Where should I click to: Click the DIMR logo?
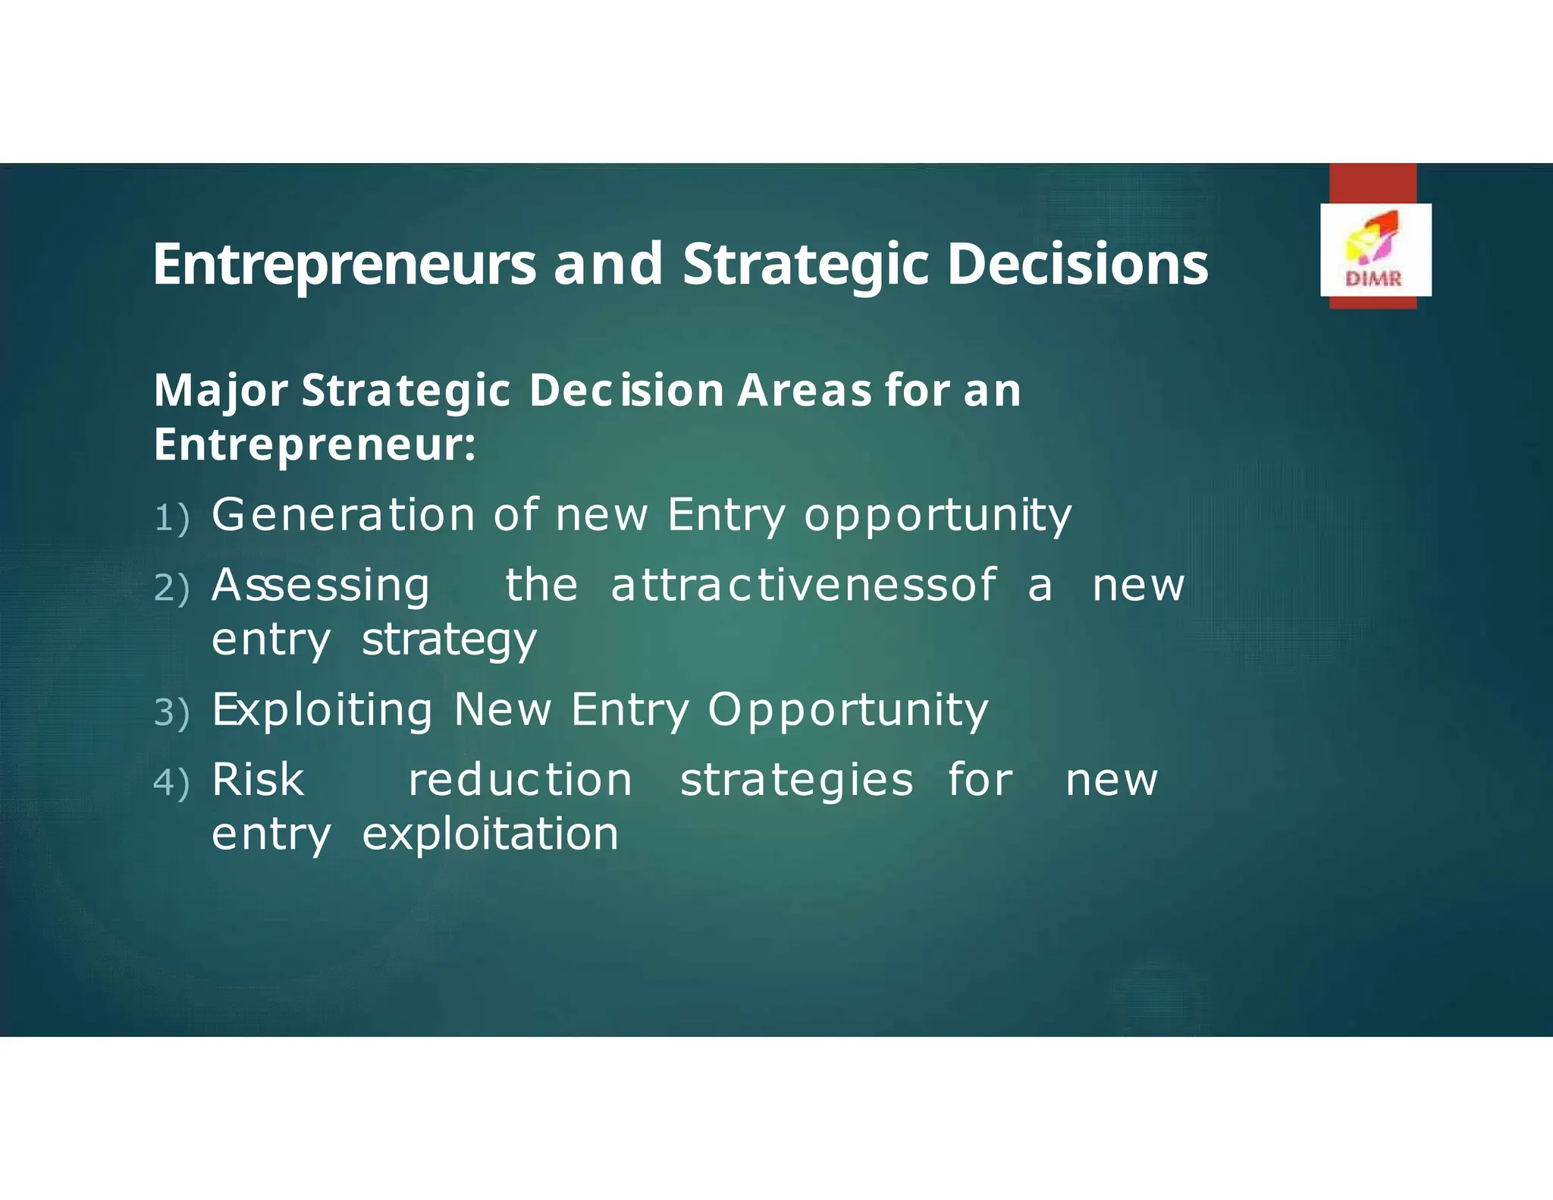[x=1376, y=250]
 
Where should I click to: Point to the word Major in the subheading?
[x=220, y=391]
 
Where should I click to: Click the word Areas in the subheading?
[x=805, y=391]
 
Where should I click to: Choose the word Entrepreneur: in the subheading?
[x=315, y=445]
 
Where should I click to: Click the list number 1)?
[x=171, y=519]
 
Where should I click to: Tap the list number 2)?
[x=171, y=589]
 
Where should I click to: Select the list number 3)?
[x=171, y=713]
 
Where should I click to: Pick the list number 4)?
[x=171, y=783]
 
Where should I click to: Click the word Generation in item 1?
[x=343, y=515]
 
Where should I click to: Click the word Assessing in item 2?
[x=321, y=586]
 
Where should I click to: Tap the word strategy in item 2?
[x=449, y=641]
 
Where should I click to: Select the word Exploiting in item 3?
[x=322, y=711]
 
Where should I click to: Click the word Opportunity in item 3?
[x=848, y=712]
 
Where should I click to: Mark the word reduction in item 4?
[x=520, y=780]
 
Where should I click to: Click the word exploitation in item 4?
[x=490, y=834]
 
